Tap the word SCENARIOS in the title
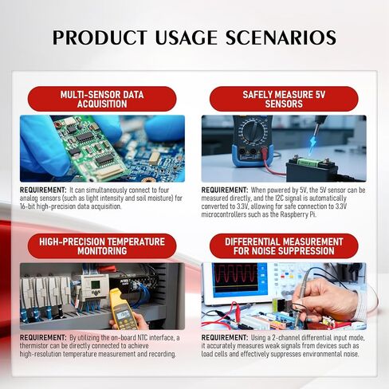pos(281,37)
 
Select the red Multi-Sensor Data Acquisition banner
pos(102,99)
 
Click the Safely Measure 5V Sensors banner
pos(284,99)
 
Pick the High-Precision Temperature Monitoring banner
pos(102,246)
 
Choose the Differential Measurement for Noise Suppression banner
pos(284,246)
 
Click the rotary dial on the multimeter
pos(253,131)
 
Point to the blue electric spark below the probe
pos(313,145)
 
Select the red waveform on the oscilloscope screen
pos(236,277)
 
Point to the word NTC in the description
pos(142,338)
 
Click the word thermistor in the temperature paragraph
pos(34,346)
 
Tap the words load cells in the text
pos(214,354)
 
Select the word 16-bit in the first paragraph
pos(27,206)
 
